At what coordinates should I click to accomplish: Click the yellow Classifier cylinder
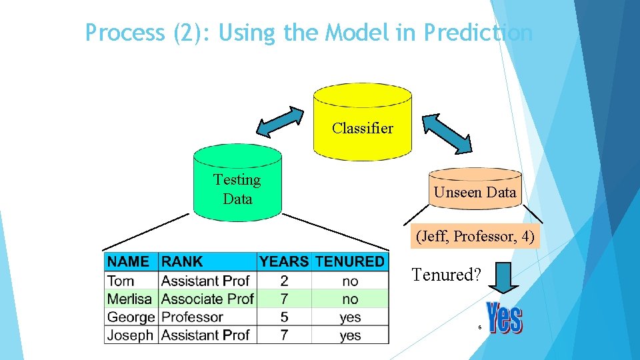pyautogui.click(x=362, y=123)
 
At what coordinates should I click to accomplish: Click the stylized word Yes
pyautogui.click(x=505, y=319)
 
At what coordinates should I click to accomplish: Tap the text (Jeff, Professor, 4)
pyautogui.click(x=475, y=236)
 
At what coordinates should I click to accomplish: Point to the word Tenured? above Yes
pyautogui.click(x=446, y=274)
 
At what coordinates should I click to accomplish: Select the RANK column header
pyautogui.click(x=182, y=261)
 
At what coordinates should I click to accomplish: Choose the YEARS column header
pyautogui.click(x=284, y=261)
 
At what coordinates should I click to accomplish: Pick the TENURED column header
pyautogui.click(x=350, y=261)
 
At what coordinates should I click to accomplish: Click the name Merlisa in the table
pyautogui.click(x=129, y=299)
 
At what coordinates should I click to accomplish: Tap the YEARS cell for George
pyautogui.click(x=284, y=317)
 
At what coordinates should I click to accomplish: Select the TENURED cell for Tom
pyautogui.click(x=350, y=281)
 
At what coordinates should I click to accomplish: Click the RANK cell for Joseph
pyautogui.click(x=205, y=335)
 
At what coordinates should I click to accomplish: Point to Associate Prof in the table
pyautogui.click(x=207, y=299)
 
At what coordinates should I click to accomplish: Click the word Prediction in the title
pyautogui.click(x=478, y=32)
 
